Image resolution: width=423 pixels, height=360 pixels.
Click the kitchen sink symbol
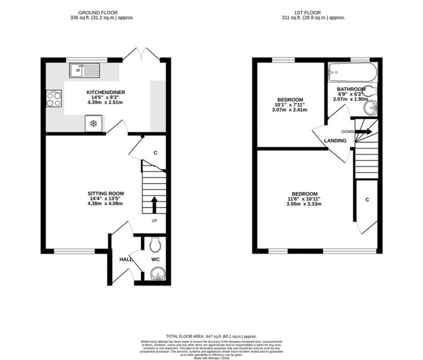(84, 71)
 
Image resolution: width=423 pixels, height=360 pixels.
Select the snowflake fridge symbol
(94, 124)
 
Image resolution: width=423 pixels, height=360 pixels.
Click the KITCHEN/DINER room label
(106, 92)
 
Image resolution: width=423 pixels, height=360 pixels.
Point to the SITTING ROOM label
(105, 193)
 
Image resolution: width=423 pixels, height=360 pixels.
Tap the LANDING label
(335, 141)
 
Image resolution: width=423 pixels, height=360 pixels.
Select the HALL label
(126, 259)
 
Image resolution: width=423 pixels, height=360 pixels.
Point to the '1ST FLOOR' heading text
(313, 13)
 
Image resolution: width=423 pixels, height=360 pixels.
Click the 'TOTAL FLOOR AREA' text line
(211, 336)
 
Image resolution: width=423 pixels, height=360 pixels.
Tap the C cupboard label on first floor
(367, 200)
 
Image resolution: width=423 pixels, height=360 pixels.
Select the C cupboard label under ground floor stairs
(156, 153)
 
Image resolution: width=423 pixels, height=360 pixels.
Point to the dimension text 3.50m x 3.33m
(304, 204)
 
